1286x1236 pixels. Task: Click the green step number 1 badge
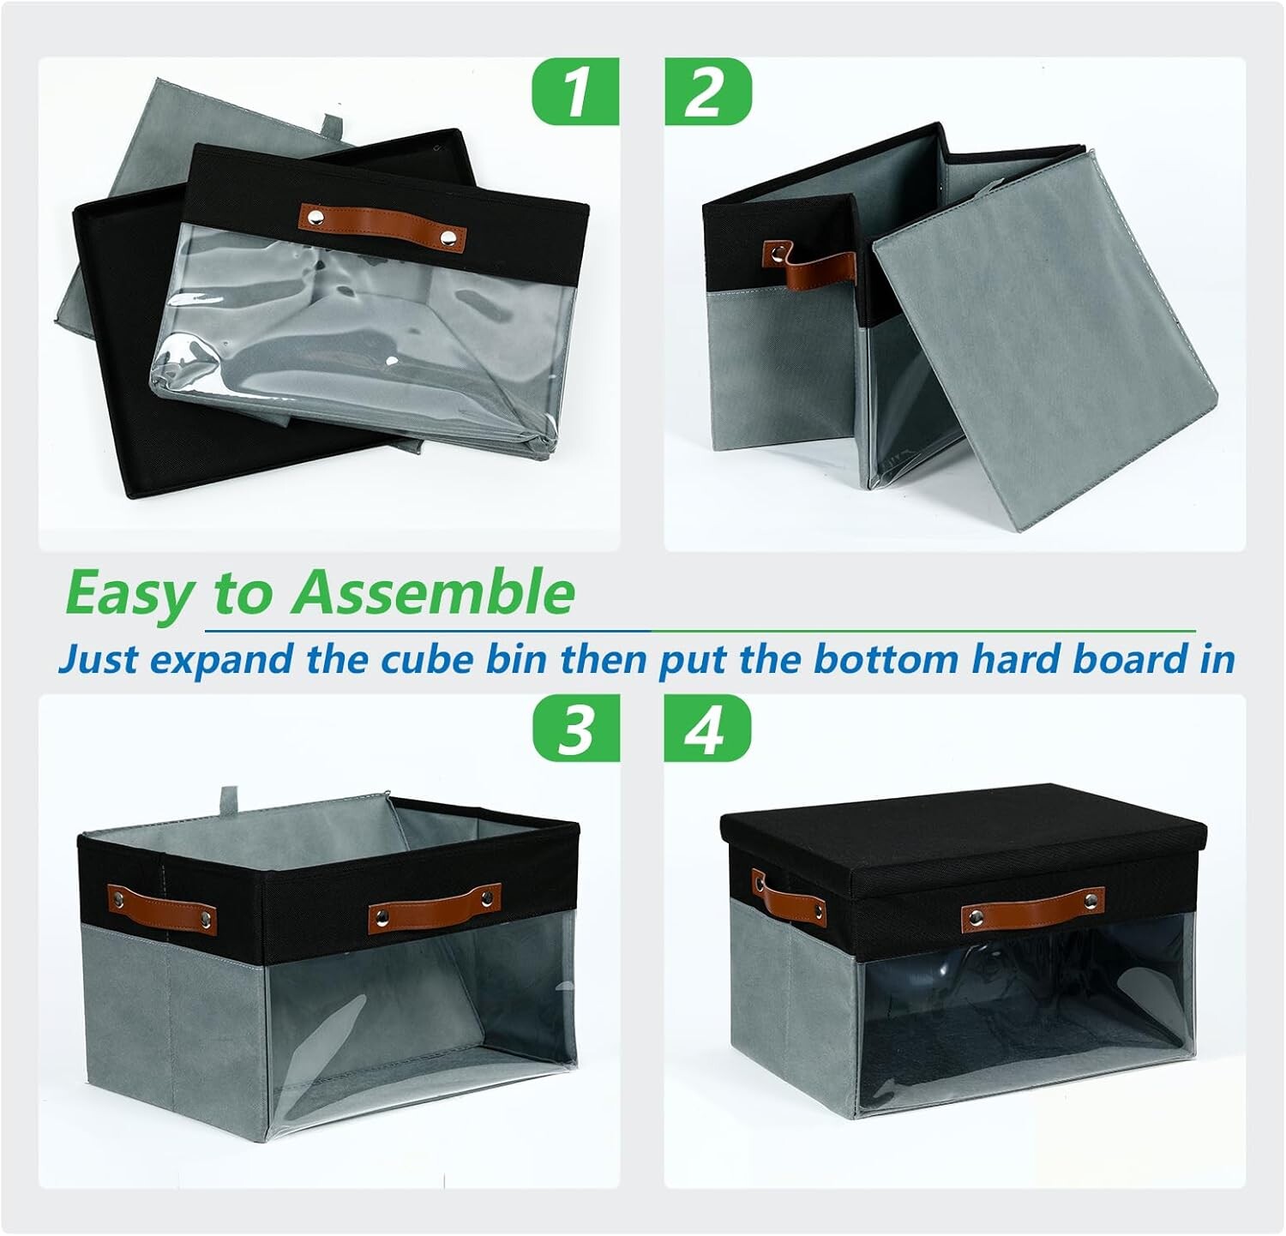pyautogui.click(x=575, y=91)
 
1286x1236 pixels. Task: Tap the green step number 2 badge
pyautogui.click(x=708, y=91)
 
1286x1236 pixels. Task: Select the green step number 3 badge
pyautogui.click(x=575, y=729)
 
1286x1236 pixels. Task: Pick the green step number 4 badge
pyautogui.click(x=708, y=729)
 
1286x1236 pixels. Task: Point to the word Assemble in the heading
pyautogui.click(x=432, y=591)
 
